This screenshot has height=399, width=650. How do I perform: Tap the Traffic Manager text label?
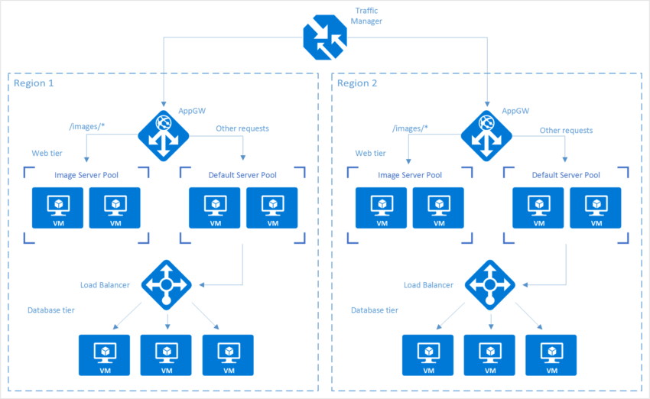click(369, 16)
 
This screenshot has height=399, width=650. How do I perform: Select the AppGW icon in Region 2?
click(486, 136)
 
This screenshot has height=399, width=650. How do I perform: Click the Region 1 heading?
click(34, 83)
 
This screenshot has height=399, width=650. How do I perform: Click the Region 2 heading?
click(357, 83)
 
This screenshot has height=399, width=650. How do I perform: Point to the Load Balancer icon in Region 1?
click(166, 285)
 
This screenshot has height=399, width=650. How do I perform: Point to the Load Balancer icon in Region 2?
click(489, 285)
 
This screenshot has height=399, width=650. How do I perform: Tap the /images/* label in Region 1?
click(86, 128)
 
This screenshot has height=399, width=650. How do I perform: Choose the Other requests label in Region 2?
click(565, 130)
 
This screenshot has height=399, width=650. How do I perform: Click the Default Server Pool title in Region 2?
click(565, 175)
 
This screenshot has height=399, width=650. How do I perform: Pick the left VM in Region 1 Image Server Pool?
click(57, 208)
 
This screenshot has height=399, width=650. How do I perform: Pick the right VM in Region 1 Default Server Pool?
click(271, 208)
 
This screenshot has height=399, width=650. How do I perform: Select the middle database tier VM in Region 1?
click(166, 354)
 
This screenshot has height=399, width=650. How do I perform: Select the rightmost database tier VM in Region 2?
click(551, 354)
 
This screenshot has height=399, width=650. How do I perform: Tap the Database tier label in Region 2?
click(374, 310)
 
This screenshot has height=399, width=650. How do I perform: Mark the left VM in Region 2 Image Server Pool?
click(381, 208)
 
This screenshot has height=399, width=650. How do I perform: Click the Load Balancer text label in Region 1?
click(105, 285)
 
